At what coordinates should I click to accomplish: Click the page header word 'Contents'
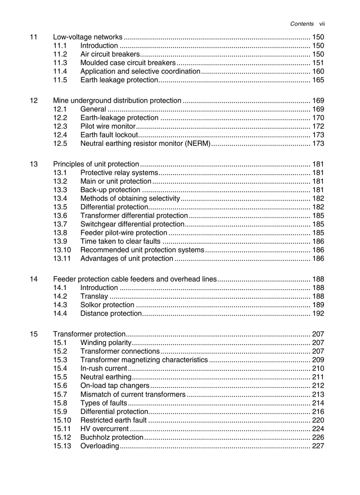[302, 24]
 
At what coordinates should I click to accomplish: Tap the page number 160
[318, 71]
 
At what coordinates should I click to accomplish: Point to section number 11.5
[60, 80]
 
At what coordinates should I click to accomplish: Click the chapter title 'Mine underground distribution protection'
[117, 100]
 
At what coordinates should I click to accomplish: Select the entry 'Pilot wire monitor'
[108, 127]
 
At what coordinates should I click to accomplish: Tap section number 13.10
[62, 250]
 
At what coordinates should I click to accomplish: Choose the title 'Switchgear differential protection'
[132, 224]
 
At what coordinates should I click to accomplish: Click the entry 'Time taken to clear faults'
[120, 242]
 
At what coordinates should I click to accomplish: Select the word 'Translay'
[94, 297]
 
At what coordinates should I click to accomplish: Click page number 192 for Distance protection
[318, 314]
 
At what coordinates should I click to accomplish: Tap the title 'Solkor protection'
[107, 305]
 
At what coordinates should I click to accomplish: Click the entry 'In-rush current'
[104, 368]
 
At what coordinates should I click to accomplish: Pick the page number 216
[318, 412]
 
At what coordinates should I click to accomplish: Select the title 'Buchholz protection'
[112, 438]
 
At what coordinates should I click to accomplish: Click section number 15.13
[62, 446]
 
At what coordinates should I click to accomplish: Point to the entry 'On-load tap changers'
[115, 386]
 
